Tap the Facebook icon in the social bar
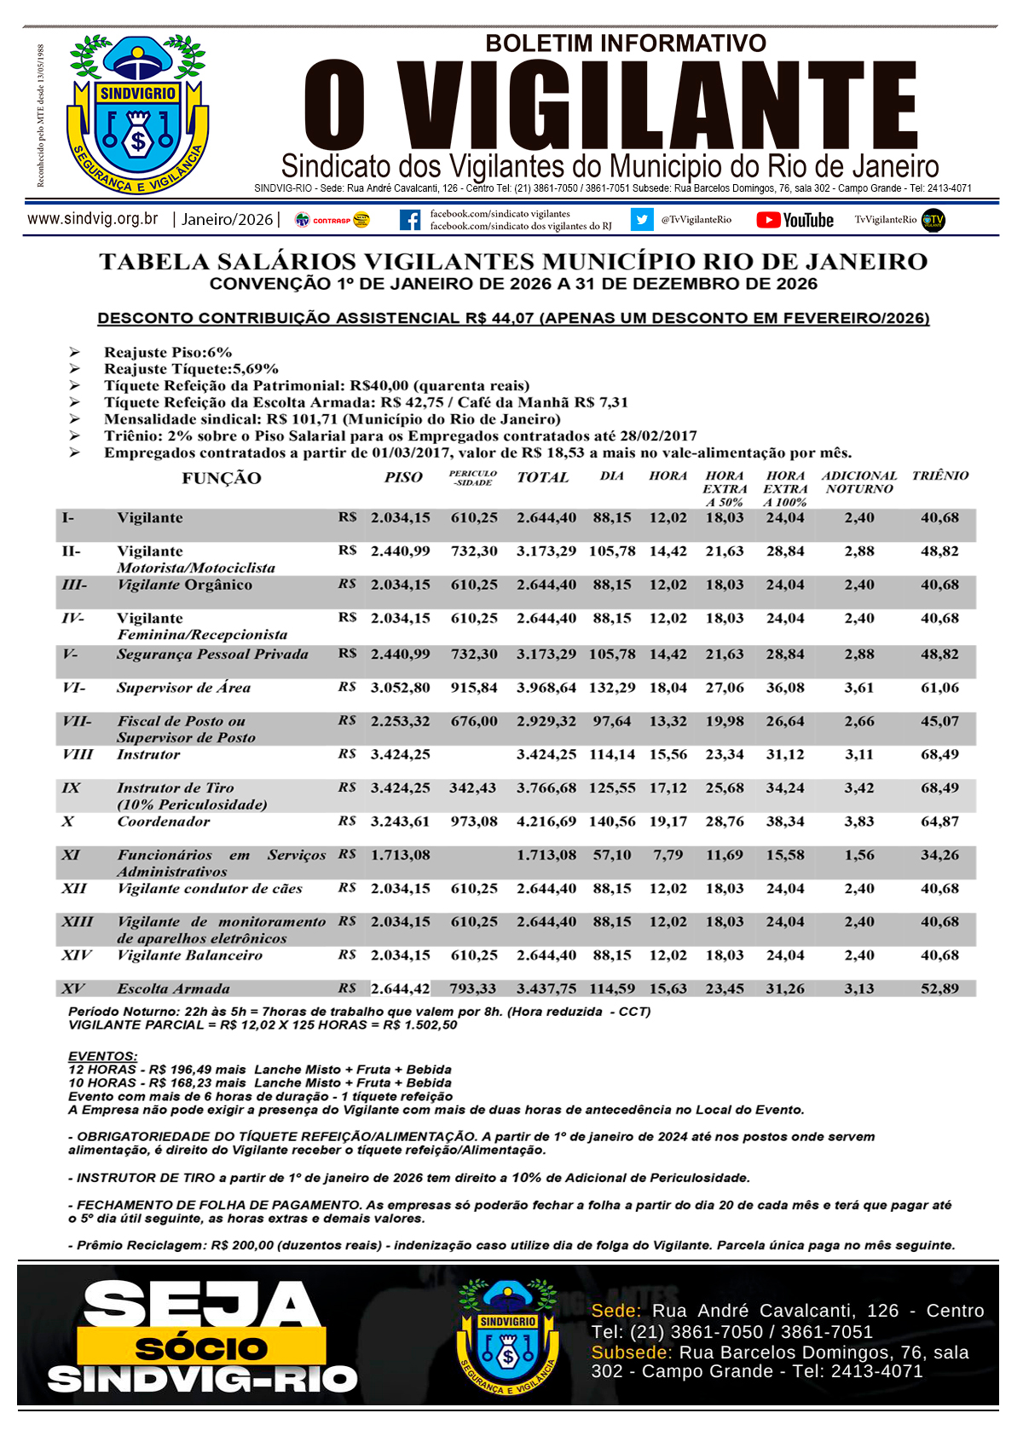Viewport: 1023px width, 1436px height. (x=410, y=220)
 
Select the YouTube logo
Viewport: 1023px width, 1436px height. (x=795, y=220)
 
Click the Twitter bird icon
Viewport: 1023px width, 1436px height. (x=641, y=220)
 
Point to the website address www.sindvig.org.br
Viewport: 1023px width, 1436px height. (x=93, y=219)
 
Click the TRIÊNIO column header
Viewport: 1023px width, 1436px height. (x=939, y=476)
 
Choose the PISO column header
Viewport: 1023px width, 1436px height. (x=402, y=477)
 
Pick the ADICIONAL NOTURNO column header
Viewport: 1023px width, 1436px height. (x=858, y=482)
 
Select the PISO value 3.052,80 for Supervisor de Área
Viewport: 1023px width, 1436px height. (x=400, y=688)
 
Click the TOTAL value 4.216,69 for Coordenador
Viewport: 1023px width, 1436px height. (x=546, y=822)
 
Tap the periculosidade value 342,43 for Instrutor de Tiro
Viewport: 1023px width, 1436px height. (x=473, y=788)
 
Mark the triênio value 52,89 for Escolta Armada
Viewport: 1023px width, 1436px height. (x=939, y=989)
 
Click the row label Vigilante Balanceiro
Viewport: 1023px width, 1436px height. (x=189, y=955)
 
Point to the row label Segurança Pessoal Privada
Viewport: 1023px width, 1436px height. (x=212, y=655)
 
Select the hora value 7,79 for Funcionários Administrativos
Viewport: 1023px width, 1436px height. (x=668, y=855)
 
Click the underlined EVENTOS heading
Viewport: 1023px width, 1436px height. (x=102, y=1056)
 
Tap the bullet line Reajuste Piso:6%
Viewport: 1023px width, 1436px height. (x=168, y=352)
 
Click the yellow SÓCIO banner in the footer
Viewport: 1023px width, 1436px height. (x=201, y=1348)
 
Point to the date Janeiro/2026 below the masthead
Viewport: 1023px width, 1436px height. (x=227, y=220)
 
